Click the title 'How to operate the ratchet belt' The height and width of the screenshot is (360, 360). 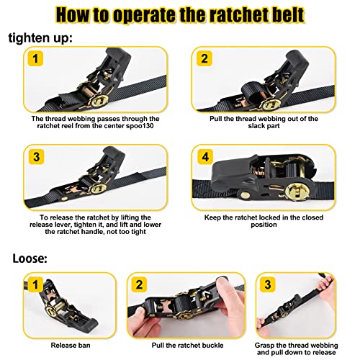point(179,14)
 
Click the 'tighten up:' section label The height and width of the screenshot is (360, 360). point(44,37)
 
